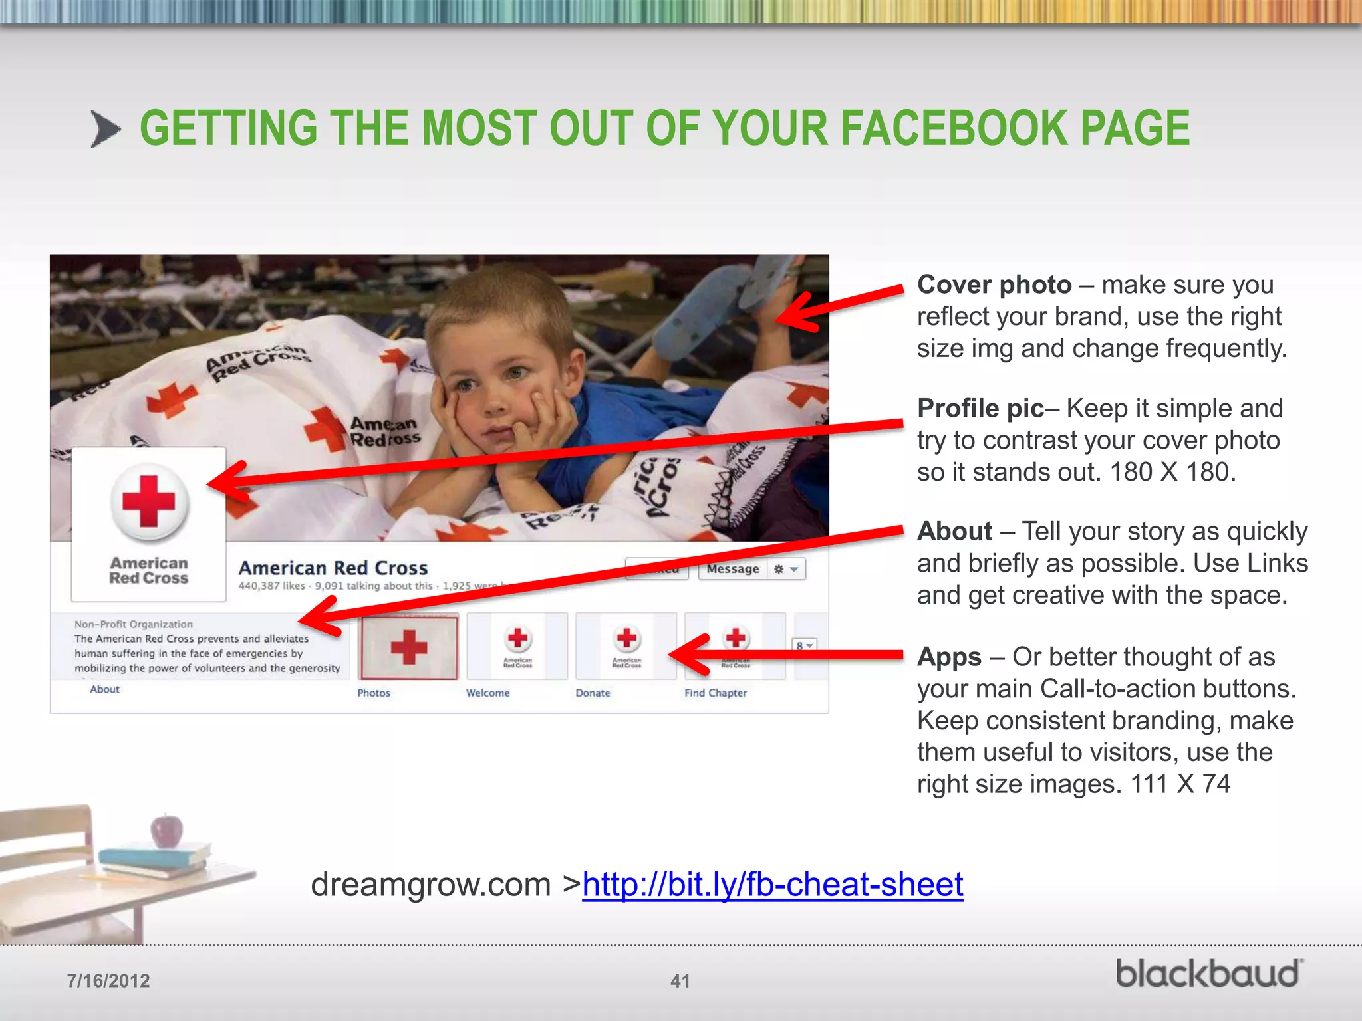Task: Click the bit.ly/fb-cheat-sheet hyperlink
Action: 772,885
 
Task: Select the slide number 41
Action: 680,981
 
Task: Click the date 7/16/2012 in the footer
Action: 108,981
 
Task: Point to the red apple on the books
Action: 166,830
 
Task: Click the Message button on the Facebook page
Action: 732,569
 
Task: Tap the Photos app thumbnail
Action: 408,647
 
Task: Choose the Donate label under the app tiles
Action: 593,693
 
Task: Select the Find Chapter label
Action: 716,693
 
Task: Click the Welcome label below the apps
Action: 487,693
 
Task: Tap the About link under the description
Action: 104,689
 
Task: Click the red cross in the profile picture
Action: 149,501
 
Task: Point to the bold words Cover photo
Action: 994,285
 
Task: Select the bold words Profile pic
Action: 980,409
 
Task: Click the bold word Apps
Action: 949,657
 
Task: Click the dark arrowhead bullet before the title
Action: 105,129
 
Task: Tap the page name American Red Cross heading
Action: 333,568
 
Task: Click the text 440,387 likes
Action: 271,586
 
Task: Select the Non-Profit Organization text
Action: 133,624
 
